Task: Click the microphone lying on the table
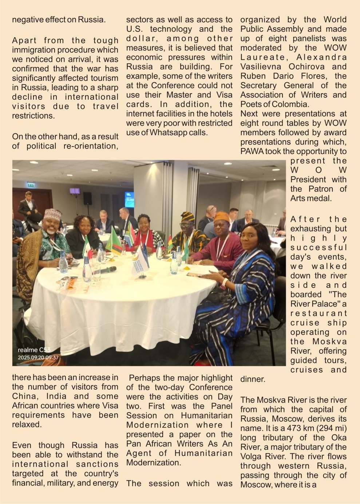click(108, 270)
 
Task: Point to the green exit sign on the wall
click(31, 185)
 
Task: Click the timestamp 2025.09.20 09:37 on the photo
click(38, 358)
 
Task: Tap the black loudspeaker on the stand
click(87, 198)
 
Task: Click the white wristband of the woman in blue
click(225, 282)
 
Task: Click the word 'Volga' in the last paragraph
click(252, 456)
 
